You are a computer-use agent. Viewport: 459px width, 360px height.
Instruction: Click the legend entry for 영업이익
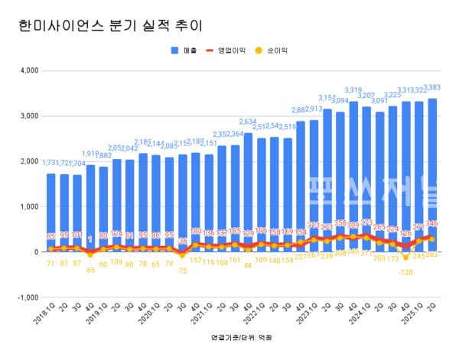click(233, 50)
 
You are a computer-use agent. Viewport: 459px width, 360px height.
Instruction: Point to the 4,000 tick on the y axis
click(28, 71)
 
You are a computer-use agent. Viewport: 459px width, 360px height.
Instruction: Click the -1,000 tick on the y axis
click(28, 297)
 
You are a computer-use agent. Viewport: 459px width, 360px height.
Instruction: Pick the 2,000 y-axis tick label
click(28, 161)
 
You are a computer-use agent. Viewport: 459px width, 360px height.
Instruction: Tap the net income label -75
click(182, 270)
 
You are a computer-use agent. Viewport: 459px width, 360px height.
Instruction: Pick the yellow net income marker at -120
click(405, 258)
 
